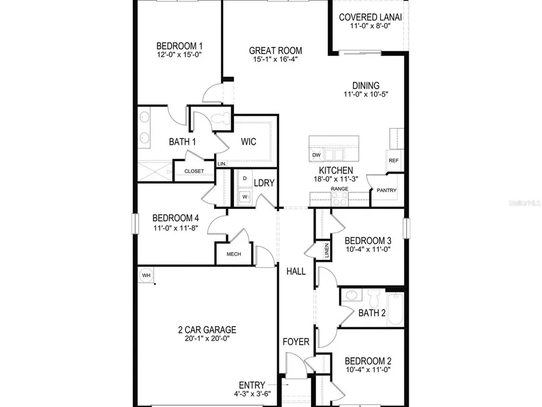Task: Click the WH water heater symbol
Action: click(x=146, y=276)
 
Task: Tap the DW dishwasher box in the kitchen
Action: click(x=317, y=155)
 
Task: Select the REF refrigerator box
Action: click(x=393, y=160)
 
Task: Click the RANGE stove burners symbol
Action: click(x=340, y=199)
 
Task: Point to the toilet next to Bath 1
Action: click(x=221, y=119)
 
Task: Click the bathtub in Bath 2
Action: click(x=396, y=309)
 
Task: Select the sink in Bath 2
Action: click(x=352, y=295)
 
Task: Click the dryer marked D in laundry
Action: click(x=245, y=179)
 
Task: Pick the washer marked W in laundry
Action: click(x=245, y=196)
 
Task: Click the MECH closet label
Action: click(x=234, y=254)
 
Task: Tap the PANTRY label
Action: click(x=386, y=190)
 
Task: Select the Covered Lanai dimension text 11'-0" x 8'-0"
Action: click(x=370, y=26)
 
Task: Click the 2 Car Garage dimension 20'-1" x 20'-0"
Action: click(x=207, y=339)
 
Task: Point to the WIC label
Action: click(x=249, y=142)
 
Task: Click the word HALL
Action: click(x=296, y=271)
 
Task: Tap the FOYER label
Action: click(x=296, y=342)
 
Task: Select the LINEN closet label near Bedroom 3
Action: click(x=327, y=250)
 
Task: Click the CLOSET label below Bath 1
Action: click(x=194, y=171)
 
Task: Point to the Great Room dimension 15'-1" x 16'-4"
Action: click(x=275, y=59)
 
